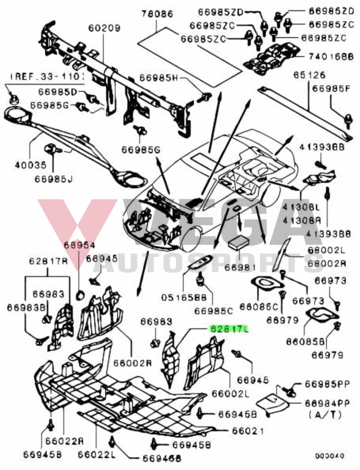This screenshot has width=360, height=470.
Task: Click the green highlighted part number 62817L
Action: pos(229,329)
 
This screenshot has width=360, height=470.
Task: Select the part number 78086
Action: pos(157,14)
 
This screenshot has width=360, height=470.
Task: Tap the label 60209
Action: pos(104,28)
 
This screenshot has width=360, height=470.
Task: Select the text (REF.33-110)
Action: pos(47,76)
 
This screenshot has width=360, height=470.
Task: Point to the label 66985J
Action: pos(53,179)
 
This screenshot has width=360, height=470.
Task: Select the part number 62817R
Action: pos(48,262)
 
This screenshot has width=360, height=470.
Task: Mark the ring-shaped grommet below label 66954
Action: pos(79,294)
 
